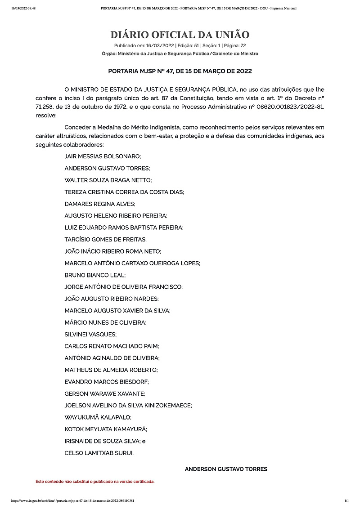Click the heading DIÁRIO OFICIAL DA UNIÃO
pos(180,35)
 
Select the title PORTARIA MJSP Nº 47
pos(180,71)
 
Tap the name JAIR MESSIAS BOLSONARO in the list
pos(103,156)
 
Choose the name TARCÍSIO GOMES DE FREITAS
pos(106,239)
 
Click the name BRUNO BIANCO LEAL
pos(95,275)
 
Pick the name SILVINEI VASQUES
pos(90,335)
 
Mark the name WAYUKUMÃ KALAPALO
pos(98,417)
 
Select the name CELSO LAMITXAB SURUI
pos(99,453)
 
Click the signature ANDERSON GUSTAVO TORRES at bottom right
pos(226,469)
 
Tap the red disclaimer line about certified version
pos(95,481)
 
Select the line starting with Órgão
pos(180,54)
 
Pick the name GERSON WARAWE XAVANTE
pos(104,393)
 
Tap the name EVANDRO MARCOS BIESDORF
pos(107,382)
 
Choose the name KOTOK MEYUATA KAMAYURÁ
pos(106,429)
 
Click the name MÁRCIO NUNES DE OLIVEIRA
pos(105,322)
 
